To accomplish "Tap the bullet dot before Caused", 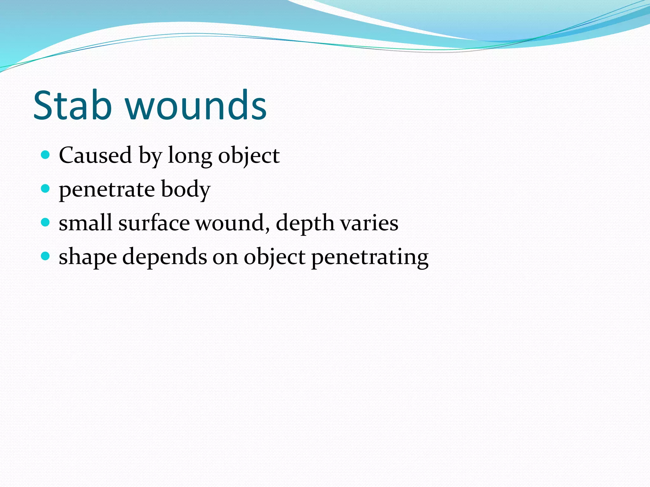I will [x=46, y=155].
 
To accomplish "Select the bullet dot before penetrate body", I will [x=46, y=189].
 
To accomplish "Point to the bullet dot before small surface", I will [x=46, y=222].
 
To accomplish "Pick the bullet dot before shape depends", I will [x=46, y=256].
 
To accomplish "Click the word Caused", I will [x=95, y=155].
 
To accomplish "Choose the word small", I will [x=85, y=223].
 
